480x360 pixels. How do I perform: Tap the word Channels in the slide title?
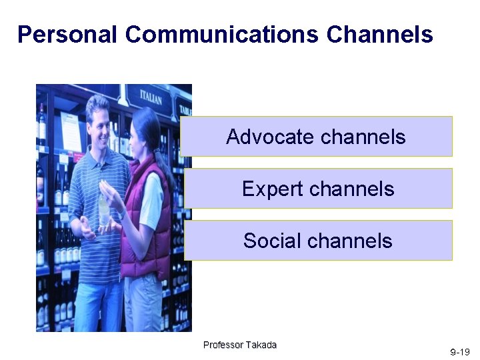tap(380, 34)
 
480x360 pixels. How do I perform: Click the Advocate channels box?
tap(316, 137)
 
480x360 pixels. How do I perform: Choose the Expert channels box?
tap(318, 189)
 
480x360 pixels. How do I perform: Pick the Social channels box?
tap(318, 241)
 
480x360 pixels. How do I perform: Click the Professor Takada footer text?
tap(239, 345)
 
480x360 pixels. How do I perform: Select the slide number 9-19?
tap(459, 351)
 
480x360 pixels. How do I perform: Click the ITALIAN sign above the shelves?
tap(150, 97)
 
